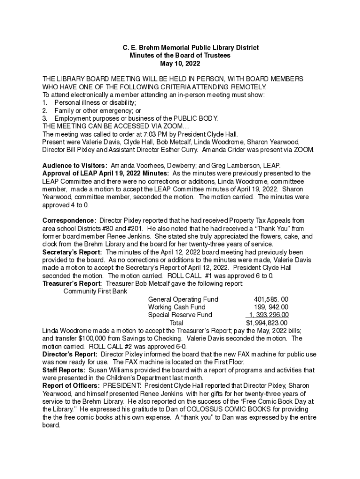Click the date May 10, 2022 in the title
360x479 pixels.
coord(180,64)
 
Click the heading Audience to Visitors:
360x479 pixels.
coord(75,166)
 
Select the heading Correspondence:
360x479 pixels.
coord(70,220)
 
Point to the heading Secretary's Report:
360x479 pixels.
coord(72,252)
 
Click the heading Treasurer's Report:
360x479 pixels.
coord(72,283)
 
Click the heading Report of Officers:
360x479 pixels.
coord(71,386)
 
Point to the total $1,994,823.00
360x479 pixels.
coord(266,323)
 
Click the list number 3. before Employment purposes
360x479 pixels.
coord(45,118)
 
